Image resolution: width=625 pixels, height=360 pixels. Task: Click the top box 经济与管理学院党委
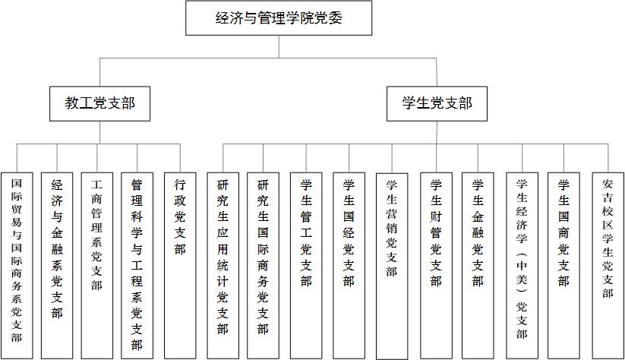[279, 18]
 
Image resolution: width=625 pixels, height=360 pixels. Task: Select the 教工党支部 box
[99, 103]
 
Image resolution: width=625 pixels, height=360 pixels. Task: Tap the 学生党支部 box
[437, 103]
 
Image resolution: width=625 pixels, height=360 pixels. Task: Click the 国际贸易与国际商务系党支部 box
[17, 266]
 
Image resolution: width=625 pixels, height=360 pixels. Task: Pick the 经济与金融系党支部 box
[57, 266]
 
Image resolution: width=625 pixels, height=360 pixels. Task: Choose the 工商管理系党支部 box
[97, 266]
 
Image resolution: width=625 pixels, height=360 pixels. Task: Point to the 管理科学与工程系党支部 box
[137, 266]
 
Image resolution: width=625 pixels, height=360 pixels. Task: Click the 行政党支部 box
[180, 266]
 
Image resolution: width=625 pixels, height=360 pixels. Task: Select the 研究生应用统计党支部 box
[223, 266]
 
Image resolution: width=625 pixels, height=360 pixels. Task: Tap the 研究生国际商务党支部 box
[263, 266]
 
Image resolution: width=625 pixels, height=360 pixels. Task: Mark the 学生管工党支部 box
[306, 266]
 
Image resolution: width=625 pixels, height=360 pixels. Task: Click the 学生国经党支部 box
[349, 266]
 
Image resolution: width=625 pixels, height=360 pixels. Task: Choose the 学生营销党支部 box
[392, 267]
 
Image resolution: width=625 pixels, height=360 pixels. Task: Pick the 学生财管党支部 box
[436, 266]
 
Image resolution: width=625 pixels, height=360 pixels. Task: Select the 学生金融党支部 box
[478, 266]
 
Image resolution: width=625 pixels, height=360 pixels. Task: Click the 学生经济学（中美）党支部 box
[522, 266]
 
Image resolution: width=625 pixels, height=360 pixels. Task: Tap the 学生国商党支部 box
[563, 266]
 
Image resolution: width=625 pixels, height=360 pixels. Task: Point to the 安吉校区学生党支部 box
[608, 266]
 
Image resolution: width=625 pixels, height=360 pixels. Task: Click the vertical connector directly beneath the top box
[279, 46]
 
